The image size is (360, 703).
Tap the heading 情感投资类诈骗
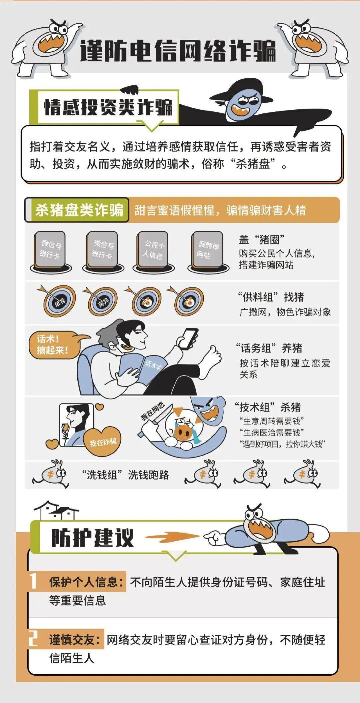pos(108,107)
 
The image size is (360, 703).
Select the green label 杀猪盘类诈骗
pos(79,210)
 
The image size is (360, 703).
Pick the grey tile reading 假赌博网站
pos(207,250)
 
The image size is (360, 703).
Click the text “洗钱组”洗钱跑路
pos(125,475)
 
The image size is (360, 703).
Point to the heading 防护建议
pos(93,538)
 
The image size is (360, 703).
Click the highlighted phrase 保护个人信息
pos(86,582)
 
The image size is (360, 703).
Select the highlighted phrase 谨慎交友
pos(75,640)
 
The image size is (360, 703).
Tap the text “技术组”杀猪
pos(268,407)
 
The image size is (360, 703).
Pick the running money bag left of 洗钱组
pos(52,474)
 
